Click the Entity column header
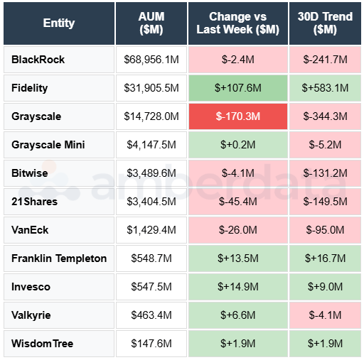click(58, 23)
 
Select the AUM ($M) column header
click(151, 23)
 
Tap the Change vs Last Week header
click(237, 23)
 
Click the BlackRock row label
click(38, 60)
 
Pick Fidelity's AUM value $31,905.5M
click(151, 88)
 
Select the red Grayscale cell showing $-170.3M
click(237, 116)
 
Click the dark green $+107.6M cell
click(237, 88)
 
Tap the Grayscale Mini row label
click(48, 145)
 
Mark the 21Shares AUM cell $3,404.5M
click(151, 202)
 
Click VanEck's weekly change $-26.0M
click(237, 230)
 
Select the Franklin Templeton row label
click(59, 258)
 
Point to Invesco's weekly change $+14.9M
click(237, 287)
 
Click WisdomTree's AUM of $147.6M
click(151, 344)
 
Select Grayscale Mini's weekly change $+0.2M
click(237, 145)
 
